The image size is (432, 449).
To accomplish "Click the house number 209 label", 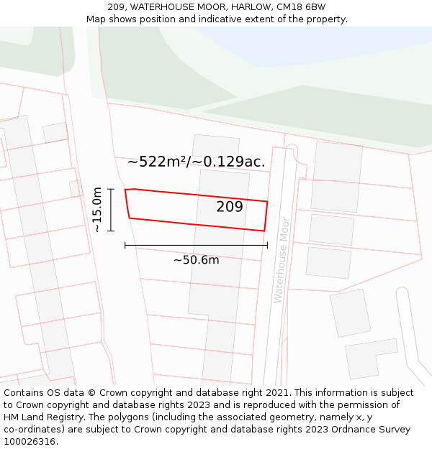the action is point(230,208).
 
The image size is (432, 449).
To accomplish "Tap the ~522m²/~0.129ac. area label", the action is point(196,162).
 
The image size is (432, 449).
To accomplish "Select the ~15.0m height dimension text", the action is point(96,209).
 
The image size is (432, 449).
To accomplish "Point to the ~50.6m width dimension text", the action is point(196,260).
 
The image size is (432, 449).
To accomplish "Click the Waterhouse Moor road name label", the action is point(280,259).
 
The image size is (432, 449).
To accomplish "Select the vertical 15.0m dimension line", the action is point(111,210).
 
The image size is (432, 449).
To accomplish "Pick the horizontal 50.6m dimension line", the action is point(196,245).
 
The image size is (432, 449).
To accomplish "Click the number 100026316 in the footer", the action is point(30,442).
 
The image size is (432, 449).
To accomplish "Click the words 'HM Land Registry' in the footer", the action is point(44,417).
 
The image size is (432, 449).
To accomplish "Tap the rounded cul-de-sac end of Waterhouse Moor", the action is point(291,149).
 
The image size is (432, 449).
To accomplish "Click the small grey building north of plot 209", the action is point(215,145).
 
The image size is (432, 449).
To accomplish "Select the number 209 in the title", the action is point(117,6).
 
